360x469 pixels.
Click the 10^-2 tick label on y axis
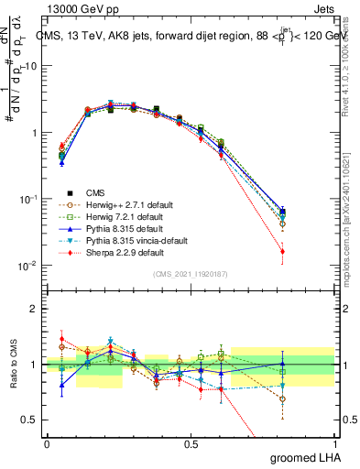coord(27,266)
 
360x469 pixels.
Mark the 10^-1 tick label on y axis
coord(27,199)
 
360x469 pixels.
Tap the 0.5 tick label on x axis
coord(191,444)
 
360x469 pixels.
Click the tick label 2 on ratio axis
coord(33,309)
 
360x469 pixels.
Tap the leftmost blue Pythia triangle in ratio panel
coord(61,386)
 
